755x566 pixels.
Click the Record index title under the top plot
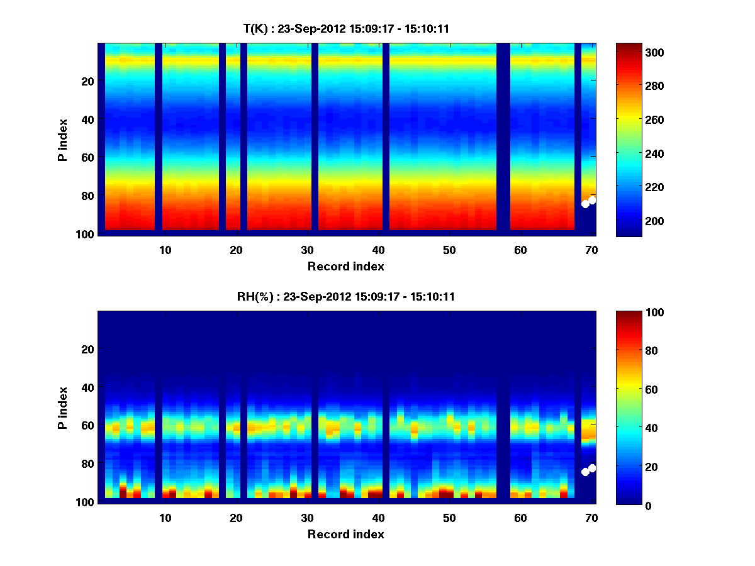pyautogui.click(x=345, y=266)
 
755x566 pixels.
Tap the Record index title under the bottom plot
pyautogui.click(x=345, y=535)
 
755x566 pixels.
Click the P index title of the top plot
pyautogui.click(x=63, y=140)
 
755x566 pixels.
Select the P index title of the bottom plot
pyautogui.click(x=63, y=408)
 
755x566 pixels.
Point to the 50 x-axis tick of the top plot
pyautogui.click(x=449, y=250)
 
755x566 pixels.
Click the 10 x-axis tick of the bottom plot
pyautogui.click(x=165, y=518)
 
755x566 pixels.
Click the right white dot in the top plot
pyautogui.click(x=592, y=200)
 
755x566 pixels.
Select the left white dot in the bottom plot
pyautogui.click(x=585, y=472)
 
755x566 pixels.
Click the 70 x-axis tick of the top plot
pyautogui.click(x=591, y=250)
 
